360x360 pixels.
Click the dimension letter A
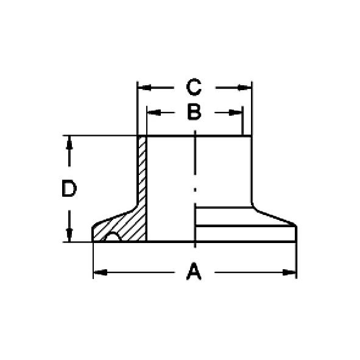tap(194, 272)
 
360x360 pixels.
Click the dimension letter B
tap(194, 113)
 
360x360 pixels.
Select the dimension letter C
tap(194, 87)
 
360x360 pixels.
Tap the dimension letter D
tap(69, 189)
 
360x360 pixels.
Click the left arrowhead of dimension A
tap(101, 272)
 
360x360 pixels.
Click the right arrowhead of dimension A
tap(289, 272)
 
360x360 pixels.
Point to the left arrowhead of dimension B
tap(154, 113)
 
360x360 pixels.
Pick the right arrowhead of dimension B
tap(236, 113)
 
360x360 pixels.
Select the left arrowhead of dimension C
tap(144, 88)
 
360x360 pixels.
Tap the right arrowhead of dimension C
tap(244, 88)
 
